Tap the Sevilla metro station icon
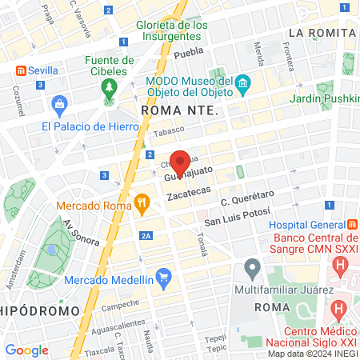click(x=18, y=70)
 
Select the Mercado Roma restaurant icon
click(x=142, y=204)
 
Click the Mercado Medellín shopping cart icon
click(x=164, y=279)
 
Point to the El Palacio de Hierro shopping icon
click(x=58, y=104)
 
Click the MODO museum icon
click(x=244, y=84)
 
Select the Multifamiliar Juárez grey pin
click(x=253, y=267)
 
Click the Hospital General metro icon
click(x=352, y=226)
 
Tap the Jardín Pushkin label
click(x=322, y=98)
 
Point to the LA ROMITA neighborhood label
click(x=321, y=32)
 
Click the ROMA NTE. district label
click(x=178, y=110)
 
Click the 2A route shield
click(x=145, y=235)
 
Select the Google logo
click(x=26, y=350)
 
